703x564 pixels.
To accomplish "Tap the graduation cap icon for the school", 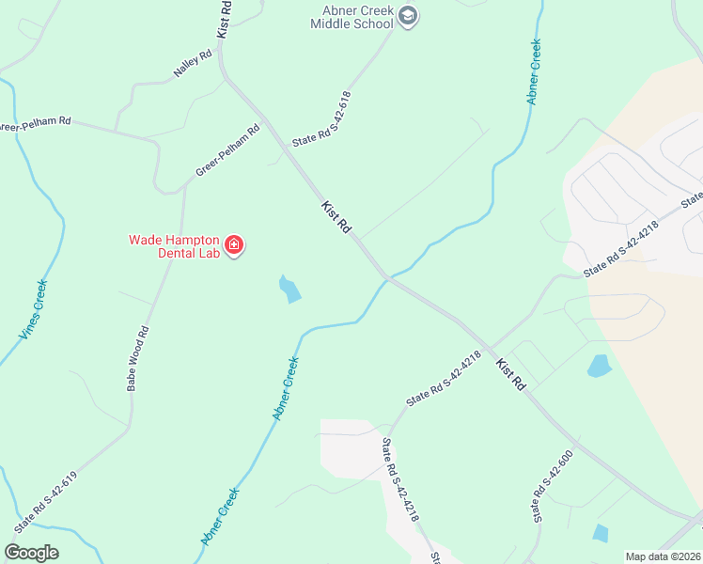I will point(408,15).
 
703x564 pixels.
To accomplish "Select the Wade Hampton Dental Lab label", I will point(174,246).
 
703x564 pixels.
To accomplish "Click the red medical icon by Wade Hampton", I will point(234,246).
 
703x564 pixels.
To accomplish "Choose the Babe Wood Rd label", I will point(139,358).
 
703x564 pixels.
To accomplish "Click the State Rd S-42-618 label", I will point(321,118).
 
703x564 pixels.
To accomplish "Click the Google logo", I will point(31,552).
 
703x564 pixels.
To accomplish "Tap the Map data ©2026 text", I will point(663,556).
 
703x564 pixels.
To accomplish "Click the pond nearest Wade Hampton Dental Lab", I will point(290,289).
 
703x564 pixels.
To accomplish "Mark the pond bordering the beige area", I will point(599,366).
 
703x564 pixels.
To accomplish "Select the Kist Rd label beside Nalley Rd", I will point(225,19).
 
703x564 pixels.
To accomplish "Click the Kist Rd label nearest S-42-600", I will point(510,374).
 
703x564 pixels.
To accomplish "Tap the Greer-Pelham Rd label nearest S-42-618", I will point(227,151).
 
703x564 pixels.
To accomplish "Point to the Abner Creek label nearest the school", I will point(534,70).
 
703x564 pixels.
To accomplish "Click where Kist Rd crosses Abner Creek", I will point(385,278).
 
